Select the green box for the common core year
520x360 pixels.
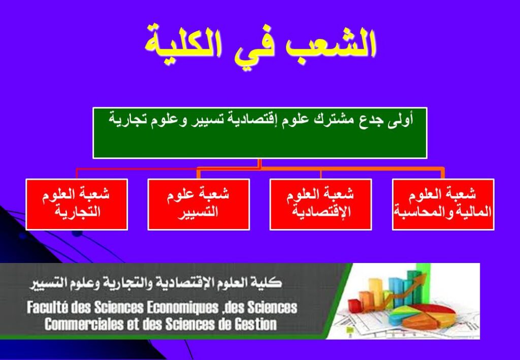(x=259, y=133)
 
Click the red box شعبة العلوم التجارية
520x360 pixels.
(x=77, y=204)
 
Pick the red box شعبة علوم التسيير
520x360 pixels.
(x=199, y=204)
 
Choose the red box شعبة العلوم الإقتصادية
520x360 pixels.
(x=321, y=204)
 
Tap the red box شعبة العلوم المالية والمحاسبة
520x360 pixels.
(x=443, y=204)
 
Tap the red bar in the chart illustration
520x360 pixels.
(x=354, y=305)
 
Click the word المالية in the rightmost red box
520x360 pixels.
(x=475, y=212)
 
